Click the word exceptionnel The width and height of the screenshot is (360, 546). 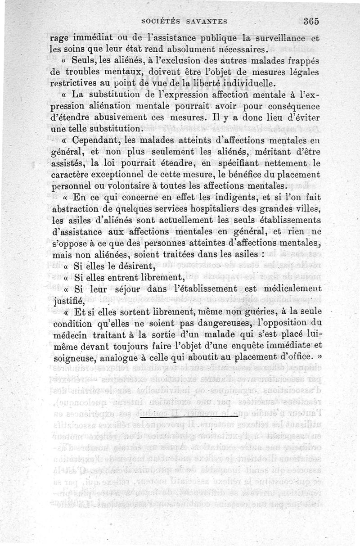(117, 174)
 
